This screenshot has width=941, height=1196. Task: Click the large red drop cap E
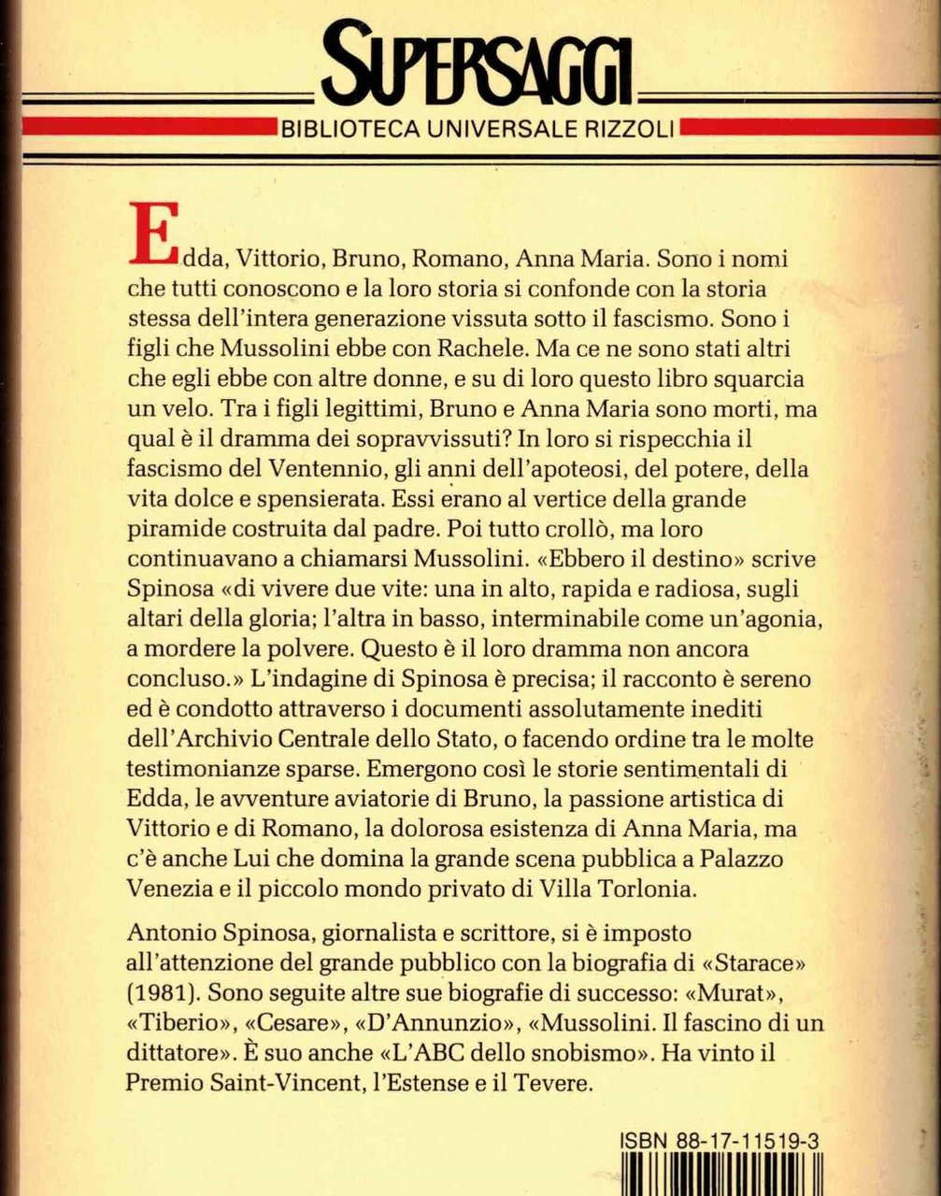point(152,233)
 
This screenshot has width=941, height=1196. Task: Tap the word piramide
point(174,528)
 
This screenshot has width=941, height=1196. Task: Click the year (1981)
point(160,993)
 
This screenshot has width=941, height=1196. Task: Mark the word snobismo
point(577,1053)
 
